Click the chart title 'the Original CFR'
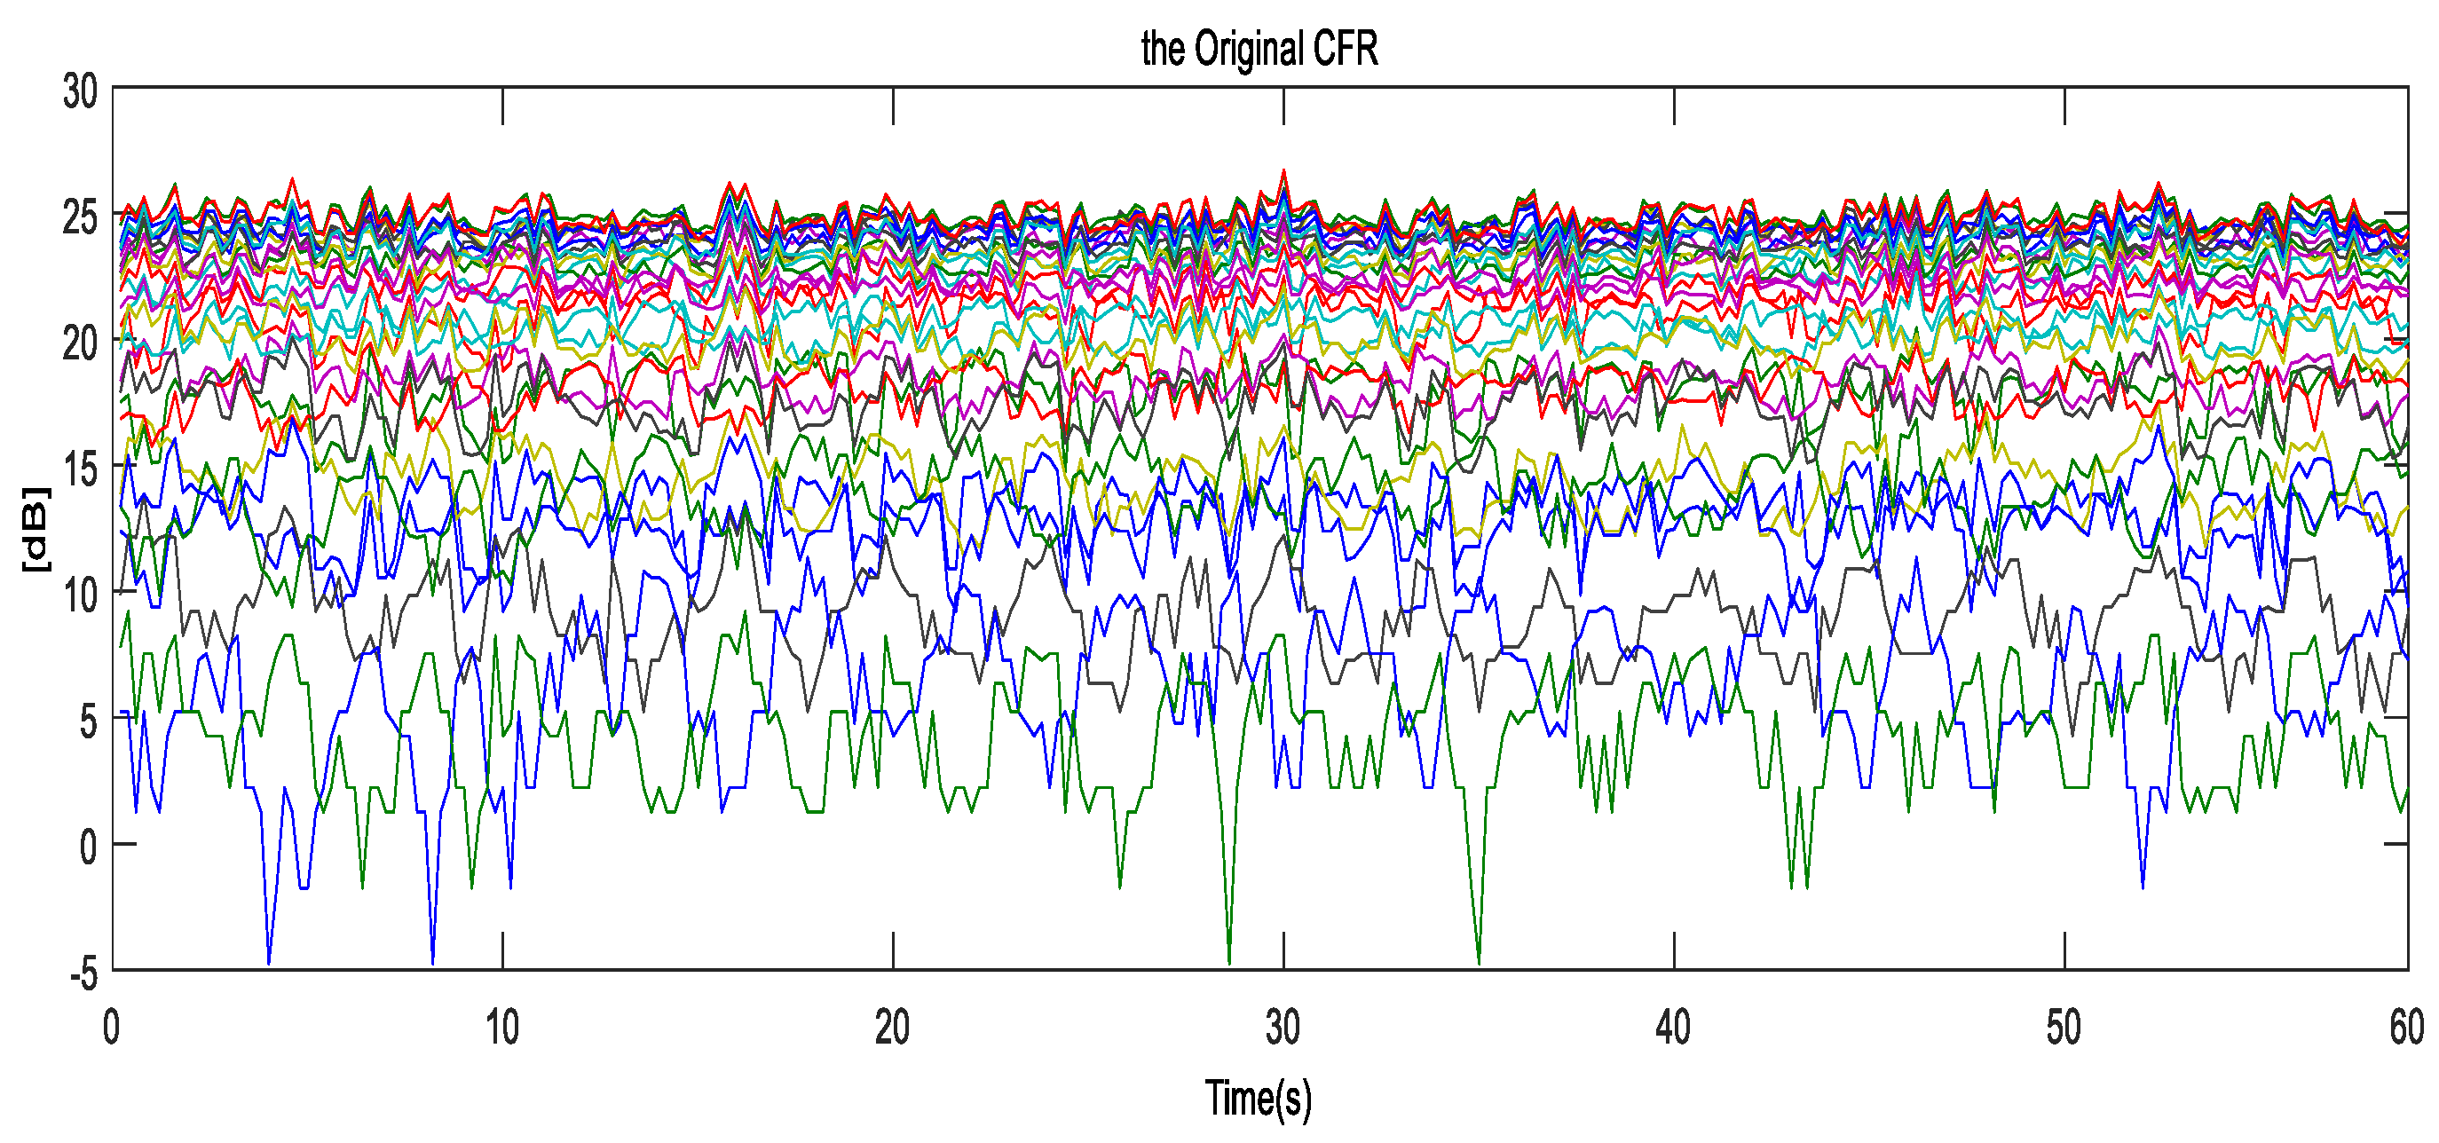point(1259,49)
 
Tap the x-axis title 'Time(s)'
point(1259,1099)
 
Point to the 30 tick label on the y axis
point(80,93)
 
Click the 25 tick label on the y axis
point(80,217)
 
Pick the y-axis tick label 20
point(80,343)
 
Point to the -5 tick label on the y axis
point(83,973)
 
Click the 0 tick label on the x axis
point(112,1029)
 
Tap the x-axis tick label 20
point(892,1029)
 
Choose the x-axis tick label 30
point(1283,1029)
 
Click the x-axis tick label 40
point(1673,1029)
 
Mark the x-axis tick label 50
point(2063,1029)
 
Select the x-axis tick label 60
point(2406,1029)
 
